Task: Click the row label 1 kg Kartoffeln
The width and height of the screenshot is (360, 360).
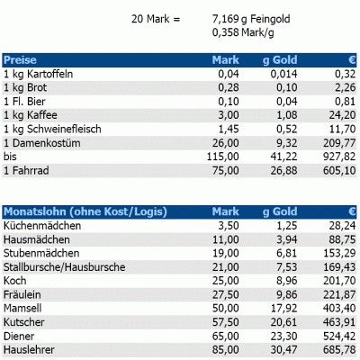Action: pyautogui.click(x=38, y=74)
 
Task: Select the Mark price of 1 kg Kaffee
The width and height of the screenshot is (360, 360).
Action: pyautogui.click(x=229, y=115)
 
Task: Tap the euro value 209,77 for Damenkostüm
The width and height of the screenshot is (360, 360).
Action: pyautogui.click(x=339, y=143)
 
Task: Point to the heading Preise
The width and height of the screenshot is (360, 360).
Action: pyautogui.click(x=20, y=60)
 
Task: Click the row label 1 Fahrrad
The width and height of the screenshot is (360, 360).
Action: pyautogui.click(x=26, y=171)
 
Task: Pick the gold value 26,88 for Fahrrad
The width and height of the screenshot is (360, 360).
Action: pyautogui.click(x=283, y=171)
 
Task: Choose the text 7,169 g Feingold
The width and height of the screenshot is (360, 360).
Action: pyautogui.click(x=251, y=19)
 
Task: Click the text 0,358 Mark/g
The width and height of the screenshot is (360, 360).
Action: pyautogui.click(x=243, y=32)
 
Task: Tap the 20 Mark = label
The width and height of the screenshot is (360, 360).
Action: pyautogui.click(x=156, y=19)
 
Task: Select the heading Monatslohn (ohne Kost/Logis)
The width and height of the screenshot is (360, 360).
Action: pyautogui.click(x=85, y=211)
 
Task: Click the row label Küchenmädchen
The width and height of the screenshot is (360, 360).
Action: pyautogui.click(x=42, y=226)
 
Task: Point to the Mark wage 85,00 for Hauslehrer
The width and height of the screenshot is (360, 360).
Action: pyautogui.click(x=226, y=350)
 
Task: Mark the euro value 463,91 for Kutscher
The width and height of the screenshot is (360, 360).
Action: pyautogui.click(x=339, y=322)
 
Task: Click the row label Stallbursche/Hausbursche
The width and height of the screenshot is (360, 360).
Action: pyautogui.click(x=64, y=267)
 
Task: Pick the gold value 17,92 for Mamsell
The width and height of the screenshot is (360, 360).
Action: pyautogui.click(x=283, y=309)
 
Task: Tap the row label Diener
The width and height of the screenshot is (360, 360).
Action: pyautogui.click(x=19, y=336)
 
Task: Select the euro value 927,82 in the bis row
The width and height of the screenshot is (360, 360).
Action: pyautogui.click(x=339, y=157)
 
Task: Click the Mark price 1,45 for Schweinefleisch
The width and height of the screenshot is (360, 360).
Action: pyautogui.click(x=229, y=130)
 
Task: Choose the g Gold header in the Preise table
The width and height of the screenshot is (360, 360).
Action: pyautogui.click(x=280, y=60)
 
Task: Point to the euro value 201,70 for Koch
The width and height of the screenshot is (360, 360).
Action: pyautogui.click(x=339, y=281)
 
